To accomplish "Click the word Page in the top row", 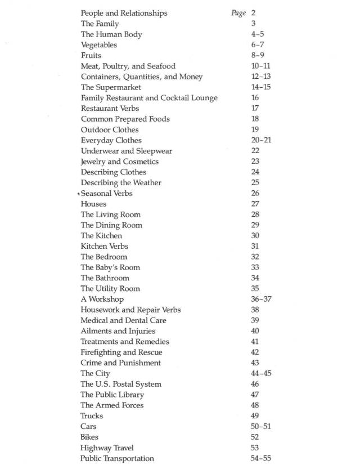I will pyautogui.click(x=238, y=13).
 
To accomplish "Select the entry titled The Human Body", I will pyautogui.click(x=111, y=34).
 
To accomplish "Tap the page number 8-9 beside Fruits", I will pyautogui.click(x=258, y=56).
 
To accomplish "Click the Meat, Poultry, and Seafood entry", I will pyautogui.click(x=128, y=66).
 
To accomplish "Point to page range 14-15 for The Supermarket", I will pyautogui.click(x=260, y=87).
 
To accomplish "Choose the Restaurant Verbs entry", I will pyautogui.click(x=110, y=108).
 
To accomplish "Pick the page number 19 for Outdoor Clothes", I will pyautogui.click(x=255, y=129).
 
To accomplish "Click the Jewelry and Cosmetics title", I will pyautogui.click(x=120, y=162).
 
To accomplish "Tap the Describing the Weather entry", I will pyautogui.click(x=121, y=182).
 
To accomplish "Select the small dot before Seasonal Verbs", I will pyautogui.click(x=79, y=194).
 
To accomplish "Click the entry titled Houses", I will pyautogui.click(x=93, y=204).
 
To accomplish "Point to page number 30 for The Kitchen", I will pyautogui.click(x=255, y=236).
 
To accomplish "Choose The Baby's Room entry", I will pyautogui.click(x=110, y=267).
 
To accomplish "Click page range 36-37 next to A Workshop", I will pyautogui.click(x=261, y=299).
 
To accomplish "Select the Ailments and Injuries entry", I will pyautogui.click(x=118, y=331).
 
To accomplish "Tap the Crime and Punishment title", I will pyautogui.click(x=121, y=363).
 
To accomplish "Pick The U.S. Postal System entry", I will pyautogui.click(x=121, y=384).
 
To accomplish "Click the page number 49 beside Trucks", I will pyautogui.click(x=255, y=416).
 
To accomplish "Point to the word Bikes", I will pyautogui.click(x=89, y=437).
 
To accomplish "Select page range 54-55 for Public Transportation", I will pyautogui.click(x=260, y=458).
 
